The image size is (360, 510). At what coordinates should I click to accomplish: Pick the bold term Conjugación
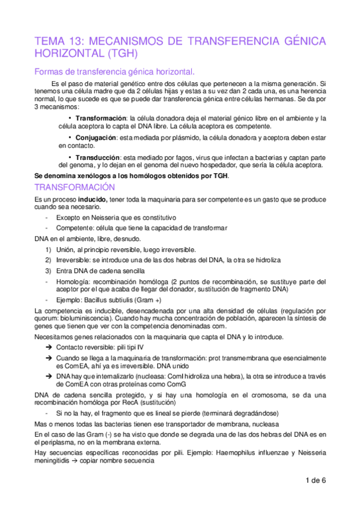[97, 138]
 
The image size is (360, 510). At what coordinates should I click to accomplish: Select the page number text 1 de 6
[315, 481]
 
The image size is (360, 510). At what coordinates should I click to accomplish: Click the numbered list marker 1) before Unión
[49, 249]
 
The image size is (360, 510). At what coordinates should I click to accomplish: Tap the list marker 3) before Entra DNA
[49, 271]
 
